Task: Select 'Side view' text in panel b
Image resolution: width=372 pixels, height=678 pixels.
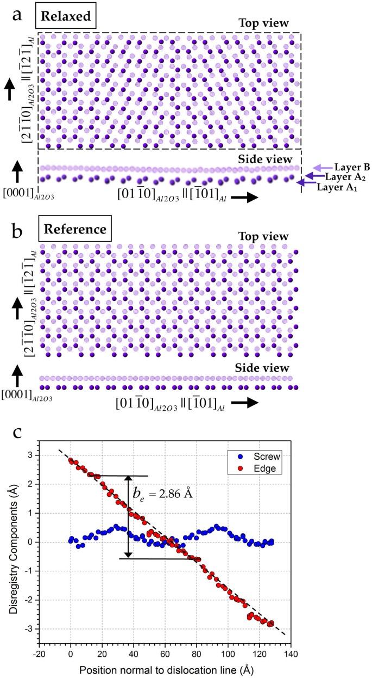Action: (x=265, y=368)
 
